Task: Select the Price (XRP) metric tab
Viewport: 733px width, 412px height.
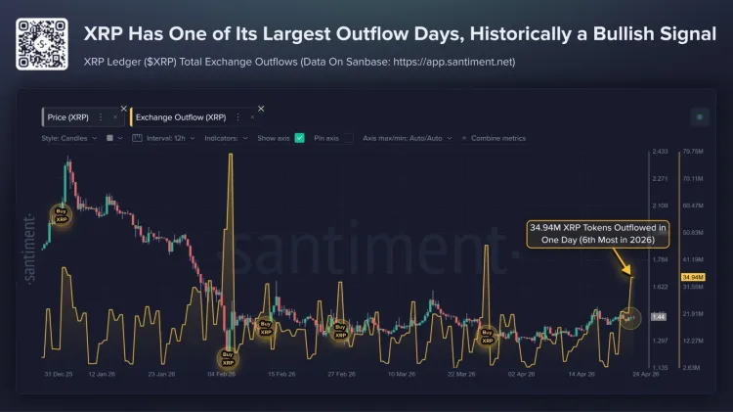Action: point(68,116)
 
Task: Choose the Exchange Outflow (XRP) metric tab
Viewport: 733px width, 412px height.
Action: point(181,116)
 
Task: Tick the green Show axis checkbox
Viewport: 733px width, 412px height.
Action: point(300,138)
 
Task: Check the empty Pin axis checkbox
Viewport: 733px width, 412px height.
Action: point(347,138)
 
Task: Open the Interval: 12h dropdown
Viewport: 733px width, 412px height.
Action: point(168,138)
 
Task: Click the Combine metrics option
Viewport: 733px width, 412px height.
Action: point(497,138)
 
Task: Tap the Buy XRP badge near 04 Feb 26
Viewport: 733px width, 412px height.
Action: point(228,359)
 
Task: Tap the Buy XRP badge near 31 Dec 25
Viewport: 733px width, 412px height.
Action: point(62,215)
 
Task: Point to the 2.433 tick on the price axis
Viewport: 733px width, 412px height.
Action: point(660,152)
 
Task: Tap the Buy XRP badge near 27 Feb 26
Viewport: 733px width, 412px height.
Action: point(340,330)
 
